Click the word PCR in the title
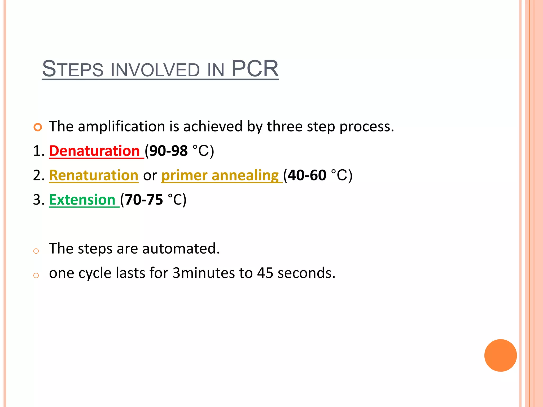pos(255,69)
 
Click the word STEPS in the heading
pos(72,69)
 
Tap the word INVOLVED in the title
pos(155,70)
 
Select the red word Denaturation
pos(94,151)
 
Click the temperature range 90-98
pos(168,151)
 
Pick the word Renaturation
pos(94,175)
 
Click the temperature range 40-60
pos(307,175)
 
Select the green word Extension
pos(82,200)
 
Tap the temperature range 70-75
pos(144,200)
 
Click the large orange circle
pos(500,355)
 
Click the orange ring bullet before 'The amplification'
pos(38,127)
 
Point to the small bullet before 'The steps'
pos(36,251)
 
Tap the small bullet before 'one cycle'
pos(36,275)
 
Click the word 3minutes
pos(204,273)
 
